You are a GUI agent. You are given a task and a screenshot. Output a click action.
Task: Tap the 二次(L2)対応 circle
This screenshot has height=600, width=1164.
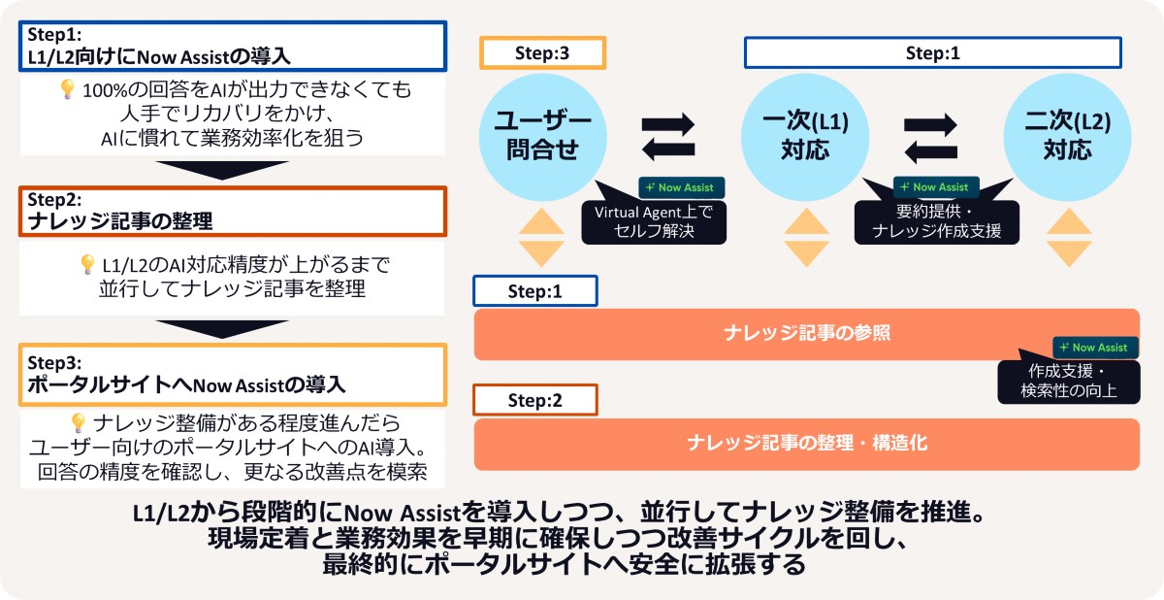[x=1067, y=135]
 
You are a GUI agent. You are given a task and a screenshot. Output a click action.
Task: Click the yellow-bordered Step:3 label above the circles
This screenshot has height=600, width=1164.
[x=542, y=54]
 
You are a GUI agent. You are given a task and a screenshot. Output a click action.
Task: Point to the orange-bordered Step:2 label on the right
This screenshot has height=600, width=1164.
[x=534, y=400]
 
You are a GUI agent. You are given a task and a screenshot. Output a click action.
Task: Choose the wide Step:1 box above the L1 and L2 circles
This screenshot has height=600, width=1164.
[x=932, y=54]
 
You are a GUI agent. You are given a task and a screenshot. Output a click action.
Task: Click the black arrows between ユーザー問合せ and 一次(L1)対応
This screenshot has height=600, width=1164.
[x=669, y=136]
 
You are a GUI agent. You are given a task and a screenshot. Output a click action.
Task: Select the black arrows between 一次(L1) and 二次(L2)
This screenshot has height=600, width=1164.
[x=931, y=136]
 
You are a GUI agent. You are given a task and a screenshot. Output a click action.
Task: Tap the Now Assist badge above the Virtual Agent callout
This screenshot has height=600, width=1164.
[x=681, y=187]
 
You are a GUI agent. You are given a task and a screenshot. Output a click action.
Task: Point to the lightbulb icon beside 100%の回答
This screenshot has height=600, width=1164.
[x=68, y=90]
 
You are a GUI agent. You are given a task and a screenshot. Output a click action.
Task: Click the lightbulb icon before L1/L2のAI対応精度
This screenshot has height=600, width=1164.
[x=88, y=264]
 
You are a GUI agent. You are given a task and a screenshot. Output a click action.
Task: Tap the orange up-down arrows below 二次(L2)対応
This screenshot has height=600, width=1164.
[x=1067, y=237]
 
